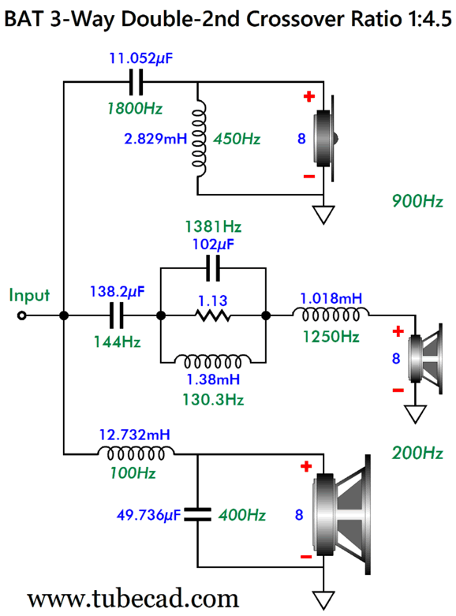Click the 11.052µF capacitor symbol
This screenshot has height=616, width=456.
pos(136,82)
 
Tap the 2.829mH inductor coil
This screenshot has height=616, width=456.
pos(199,138)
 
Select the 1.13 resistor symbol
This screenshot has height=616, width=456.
pos(213,315)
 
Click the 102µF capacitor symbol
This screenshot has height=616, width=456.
pos(213,268)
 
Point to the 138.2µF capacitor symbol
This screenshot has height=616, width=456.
pos(116,315)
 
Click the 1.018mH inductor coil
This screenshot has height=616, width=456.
pos(331,315)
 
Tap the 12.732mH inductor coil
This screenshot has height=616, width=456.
pos(136,454)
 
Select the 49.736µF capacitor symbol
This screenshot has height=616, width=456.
pos(197,514)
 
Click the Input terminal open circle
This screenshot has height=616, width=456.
pos(22,315)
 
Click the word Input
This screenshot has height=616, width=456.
pos(29,295)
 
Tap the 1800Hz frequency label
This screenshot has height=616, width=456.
pos(135,108)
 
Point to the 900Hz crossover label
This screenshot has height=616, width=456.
pos(417,201)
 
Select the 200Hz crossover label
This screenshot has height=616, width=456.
pos(417,453)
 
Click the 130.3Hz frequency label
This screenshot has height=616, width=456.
pos(213,400)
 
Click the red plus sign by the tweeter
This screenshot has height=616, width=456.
pos(309,96)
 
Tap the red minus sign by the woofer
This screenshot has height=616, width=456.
pos(306,557)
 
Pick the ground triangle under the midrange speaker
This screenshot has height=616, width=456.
pos(416,413)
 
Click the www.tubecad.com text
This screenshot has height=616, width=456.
pos(133,599)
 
